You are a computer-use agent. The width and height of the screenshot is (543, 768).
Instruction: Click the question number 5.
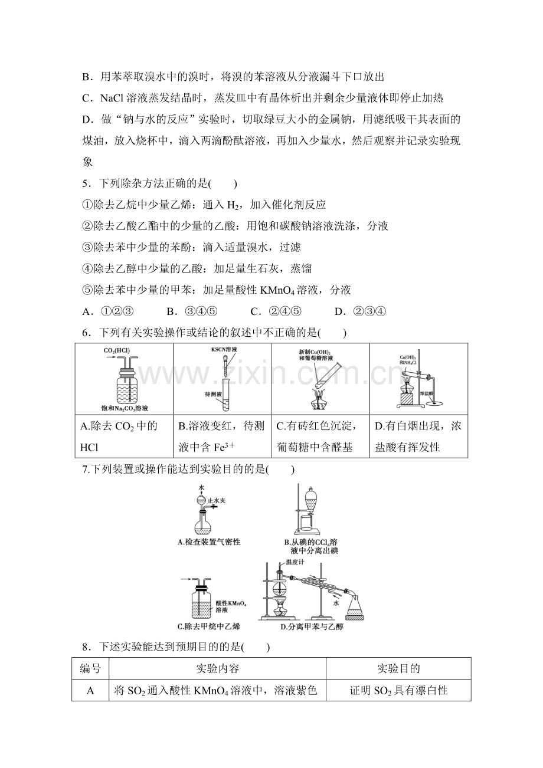tap(85, 184)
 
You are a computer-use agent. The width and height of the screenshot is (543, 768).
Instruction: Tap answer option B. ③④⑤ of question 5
tap(192, 311)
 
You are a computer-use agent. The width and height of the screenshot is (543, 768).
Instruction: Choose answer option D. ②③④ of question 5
tap(360, 311)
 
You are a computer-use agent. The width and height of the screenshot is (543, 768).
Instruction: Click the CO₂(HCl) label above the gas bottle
tap(117, 351)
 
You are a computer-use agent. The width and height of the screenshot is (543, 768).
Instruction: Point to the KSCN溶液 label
tap(224, 349)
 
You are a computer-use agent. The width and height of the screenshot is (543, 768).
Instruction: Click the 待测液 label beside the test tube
tap(213, 394)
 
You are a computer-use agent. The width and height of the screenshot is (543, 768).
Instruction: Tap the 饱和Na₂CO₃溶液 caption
tap(125, 408)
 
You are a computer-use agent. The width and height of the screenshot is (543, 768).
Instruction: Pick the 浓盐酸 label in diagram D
tap(427, 393)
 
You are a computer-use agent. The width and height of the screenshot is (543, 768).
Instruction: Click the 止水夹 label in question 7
tap(217, 501)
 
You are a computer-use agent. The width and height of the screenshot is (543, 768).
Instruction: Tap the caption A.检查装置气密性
tap(210, 542)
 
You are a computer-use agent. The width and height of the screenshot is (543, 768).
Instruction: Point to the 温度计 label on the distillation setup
tap(295, 562)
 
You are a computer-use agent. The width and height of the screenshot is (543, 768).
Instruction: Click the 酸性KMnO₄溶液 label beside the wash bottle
tap(231, 606)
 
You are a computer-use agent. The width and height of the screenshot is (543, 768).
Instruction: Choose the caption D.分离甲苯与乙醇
tap(312, 627)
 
